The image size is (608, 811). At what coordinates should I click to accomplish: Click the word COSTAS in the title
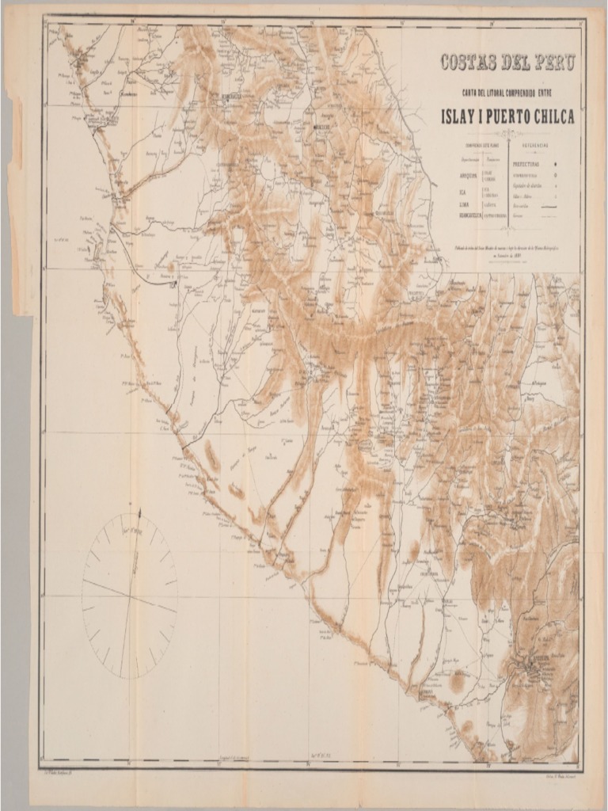pos(470,63)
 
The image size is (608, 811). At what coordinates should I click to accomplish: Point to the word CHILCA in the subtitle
pos(553,117)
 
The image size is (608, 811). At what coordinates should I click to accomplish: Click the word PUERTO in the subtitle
pos(507,117)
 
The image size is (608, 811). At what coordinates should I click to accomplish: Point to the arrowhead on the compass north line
pos(139,514)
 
